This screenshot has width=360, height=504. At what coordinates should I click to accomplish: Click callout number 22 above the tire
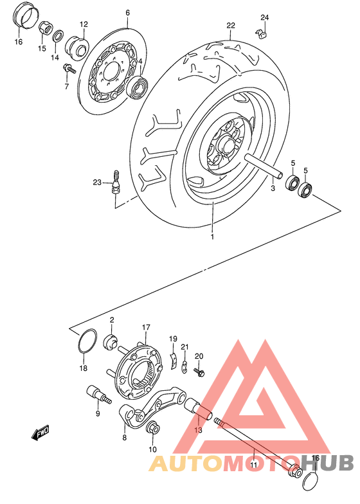coord(231,26)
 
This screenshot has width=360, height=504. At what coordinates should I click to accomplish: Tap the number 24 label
coord(265,17)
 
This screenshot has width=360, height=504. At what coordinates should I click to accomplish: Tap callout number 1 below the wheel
coord(213,237)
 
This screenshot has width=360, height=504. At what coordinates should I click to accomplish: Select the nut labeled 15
coord(46,29)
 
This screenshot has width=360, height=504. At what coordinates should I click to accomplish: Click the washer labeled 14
coord(57,36)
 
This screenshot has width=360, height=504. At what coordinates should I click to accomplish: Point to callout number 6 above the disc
coord(127,13)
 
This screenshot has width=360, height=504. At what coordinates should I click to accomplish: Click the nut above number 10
coord(153,428)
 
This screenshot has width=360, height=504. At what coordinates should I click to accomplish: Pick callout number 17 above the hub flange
coord(146,327)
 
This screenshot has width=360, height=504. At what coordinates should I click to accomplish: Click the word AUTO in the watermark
coord(182,464)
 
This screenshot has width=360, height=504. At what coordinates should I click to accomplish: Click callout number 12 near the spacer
coord(84,24)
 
